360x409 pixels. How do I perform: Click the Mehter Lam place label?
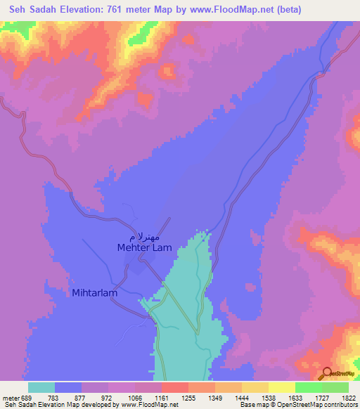click(x=143, y=247)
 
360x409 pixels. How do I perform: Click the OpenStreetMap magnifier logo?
click(x=328, y=373)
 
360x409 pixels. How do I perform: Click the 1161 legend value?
click(x=161, y=397)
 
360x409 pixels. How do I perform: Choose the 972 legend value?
click(x=108, y=397)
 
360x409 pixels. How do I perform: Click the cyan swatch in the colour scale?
click(x=41, y=387)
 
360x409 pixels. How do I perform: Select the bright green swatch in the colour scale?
click(x=308, y=387)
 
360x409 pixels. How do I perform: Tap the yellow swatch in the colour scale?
click(x=281, y=387)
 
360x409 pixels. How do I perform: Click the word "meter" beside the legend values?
click(x=10, y=397)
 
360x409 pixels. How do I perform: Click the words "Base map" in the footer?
click(x=252, y=405)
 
